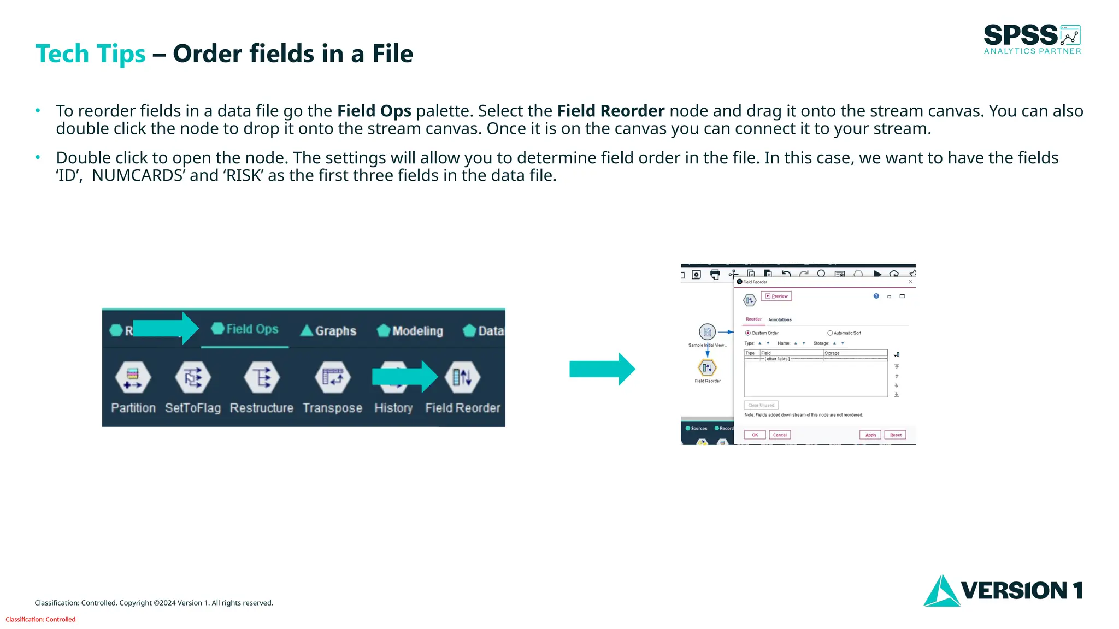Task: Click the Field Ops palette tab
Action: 245,329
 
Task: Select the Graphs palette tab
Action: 328,331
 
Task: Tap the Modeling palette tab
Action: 410,331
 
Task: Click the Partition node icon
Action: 133,377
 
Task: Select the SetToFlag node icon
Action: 192,377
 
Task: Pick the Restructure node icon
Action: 261,377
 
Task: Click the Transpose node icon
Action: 332,377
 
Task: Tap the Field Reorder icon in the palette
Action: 462,377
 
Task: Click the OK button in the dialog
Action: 755,435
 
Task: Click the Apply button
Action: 870,435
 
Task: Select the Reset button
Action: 896,435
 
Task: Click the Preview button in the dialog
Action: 776,296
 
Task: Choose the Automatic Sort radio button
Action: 830,333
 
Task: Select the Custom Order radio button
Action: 748,333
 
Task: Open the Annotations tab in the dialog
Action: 780,320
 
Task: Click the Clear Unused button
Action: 761,405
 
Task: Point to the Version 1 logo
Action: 1003,591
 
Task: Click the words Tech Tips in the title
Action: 90,54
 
